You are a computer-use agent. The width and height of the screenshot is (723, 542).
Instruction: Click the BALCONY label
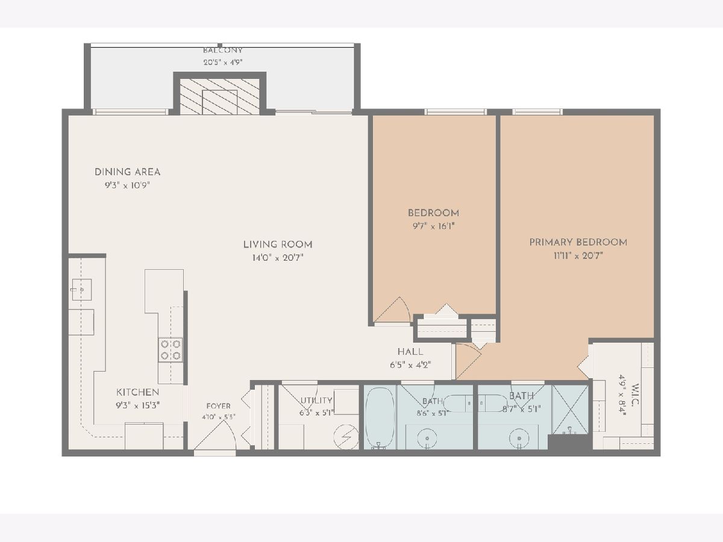click(x=223, y=51)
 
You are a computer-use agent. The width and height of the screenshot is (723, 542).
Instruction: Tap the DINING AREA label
click(x=128, y=172)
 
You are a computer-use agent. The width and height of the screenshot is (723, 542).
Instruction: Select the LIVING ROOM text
click(x=278, y=245)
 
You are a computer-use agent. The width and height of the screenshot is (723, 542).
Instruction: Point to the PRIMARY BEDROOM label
click(x=578, y=242)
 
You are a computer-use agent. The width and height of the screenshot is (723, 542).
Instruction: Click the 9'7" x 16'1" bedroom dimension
click(x=433, y=226)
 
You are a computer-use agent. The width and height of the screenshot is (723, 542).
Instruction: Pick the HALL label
click(x=410, y=352)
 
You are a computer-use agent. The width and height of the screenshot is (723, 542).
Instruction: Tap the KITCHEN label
click(x=138, y=392)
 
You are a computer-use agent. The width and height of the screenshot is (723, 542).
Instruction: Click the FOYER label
click(x=218, y=406)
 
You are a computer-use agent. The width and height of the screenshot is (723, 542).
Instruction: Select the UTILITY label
click(x=316, y=400)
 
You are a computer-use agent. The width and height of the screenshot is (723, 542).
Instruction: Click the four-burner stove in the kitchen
click(x=171, y=350)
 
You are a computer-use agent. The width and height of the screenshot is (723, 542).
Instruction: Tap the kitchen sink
click(x=82, y=290)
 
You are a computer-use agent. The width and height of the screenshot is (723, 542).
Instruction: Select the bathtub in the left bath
click(x=380, y=417)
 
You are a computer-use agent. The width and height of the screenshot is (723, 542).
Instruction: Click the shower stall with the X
click(x=570, y=410)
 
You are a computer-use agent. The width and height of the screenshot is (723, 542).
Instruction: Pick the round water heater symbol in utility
click(x=346, y=437)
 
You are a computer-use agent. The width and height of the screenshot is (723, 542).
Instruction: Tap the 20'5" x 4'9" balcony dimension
click(x=223, y=62)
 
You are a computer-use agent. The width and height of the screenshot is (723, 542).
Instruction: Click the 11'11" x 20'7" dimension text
click(x=578, y=256)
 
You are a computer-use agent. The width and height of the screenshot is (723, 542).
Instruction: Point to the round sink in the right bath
click(x=519, y=438)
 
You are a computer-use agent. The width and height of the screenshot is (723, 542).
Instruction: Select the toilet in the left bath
click(x=458, y=403)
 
